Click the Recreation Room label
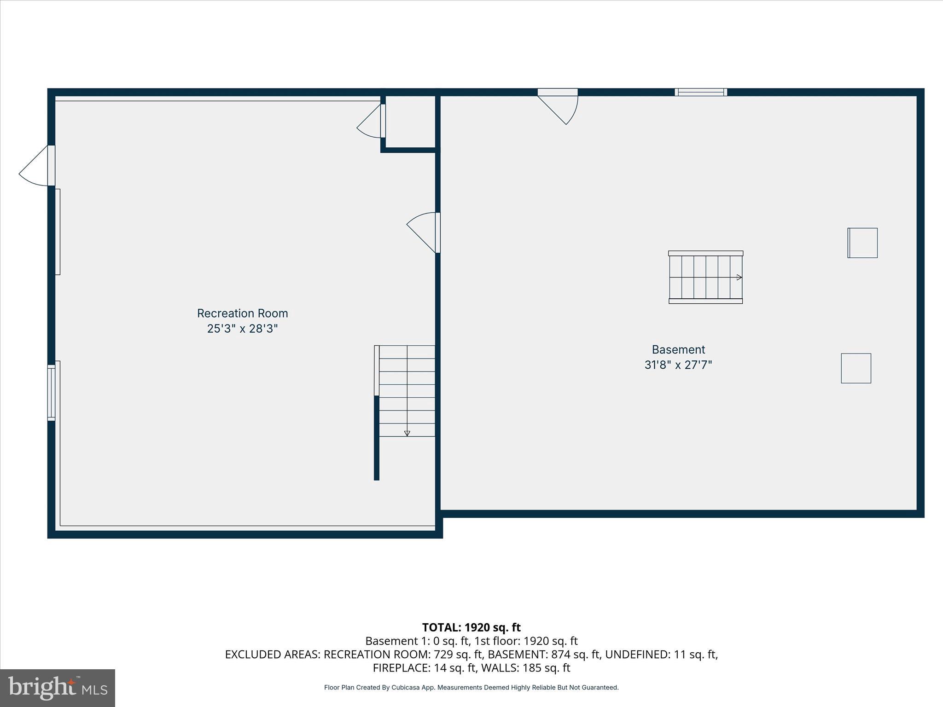(x=242, y=313)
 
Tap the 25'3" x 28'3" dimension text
(x=242, y=329)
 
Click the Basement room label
(x=678, y=350)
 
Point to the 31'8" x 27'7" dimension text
(x=678, y=365)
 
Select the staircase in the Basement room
(x=705, y=277)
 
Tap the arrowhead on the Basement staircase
(x=739, y=277)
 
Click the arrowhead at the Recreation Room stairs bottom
(x=407, y=433)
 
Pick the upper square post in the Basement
(x=862, y=243)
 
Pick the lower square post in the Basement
(x=856, y=368)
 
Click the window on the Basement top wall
(x=701, y=92)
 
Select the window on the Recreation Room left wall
(x=52, y=393)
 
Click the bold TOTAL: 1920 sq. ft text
(x=471, y=627)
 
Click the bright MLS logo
(x=58, y=688)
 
